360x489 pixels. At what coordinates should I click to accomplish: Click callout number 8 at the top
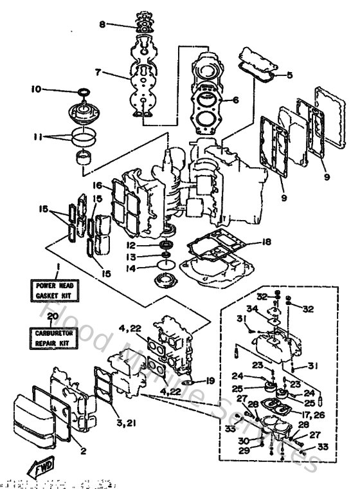102,25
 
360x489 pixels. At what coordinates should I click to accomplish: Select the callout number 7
98,73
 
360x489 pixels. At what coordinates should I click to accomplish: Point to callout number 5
289,75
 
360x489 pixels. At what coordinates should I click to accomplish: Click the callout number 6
235,100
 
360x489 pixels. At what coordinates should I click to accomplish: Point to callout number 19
210,381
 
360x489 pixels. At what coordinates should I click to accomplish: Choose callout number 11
36,137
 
